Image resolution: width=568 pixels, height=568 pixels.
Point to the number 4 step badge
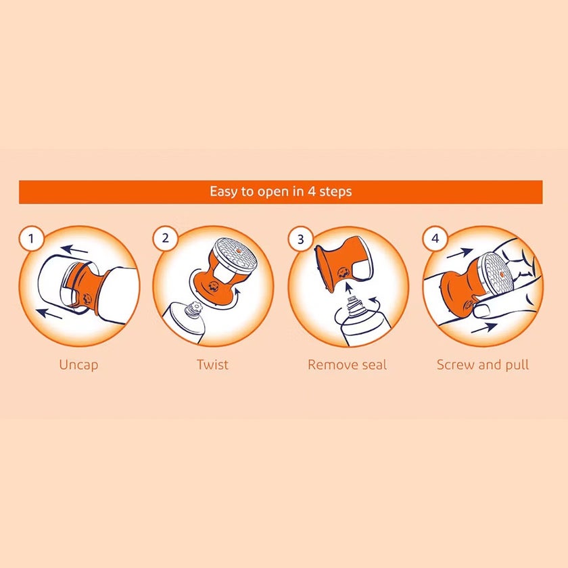tap(435, 238)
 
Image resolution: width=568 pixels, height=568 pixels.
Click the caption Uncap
tap(78, 364)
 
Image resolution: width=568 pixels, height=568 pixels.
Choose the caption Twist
tap(212, 364)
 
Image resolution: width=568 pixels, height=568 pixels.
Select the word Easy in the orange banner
tap(223, 191)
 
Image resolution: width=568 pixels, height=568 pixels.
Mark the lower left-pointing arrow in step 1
tap(54, 312)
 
